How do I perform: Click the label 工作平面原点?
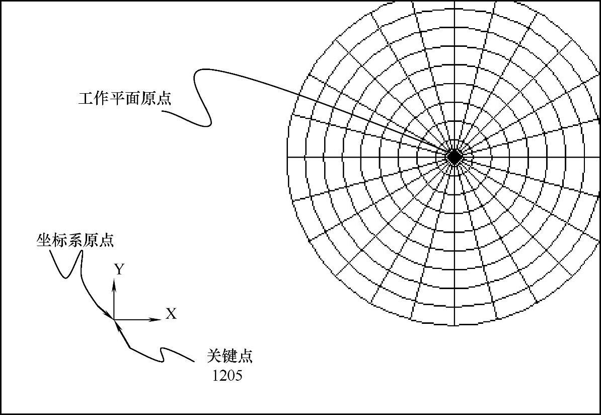[x=124, y=98]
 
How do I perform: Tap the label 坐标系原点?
[x=75, y=240]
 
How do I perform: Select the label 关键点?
[x=229, y=356]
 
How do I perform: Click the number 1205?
[x=227, y=375]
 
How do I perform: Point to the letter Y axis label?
[x=119, y=270]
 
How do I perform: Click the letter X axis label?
[x=172, y=314]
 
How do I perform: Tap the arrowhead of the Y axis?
[x=114, y=284]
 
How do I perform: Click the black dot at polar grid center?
[x=455, y=157]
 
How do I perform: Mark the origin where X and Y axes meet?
[x=114, y=319]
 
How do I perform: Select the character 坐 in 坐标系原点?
[x=44, y=240]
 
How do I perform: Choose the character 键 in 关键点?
[x=229, y=356]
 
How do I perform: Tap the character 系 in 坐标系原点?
[x=74, y=240]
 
